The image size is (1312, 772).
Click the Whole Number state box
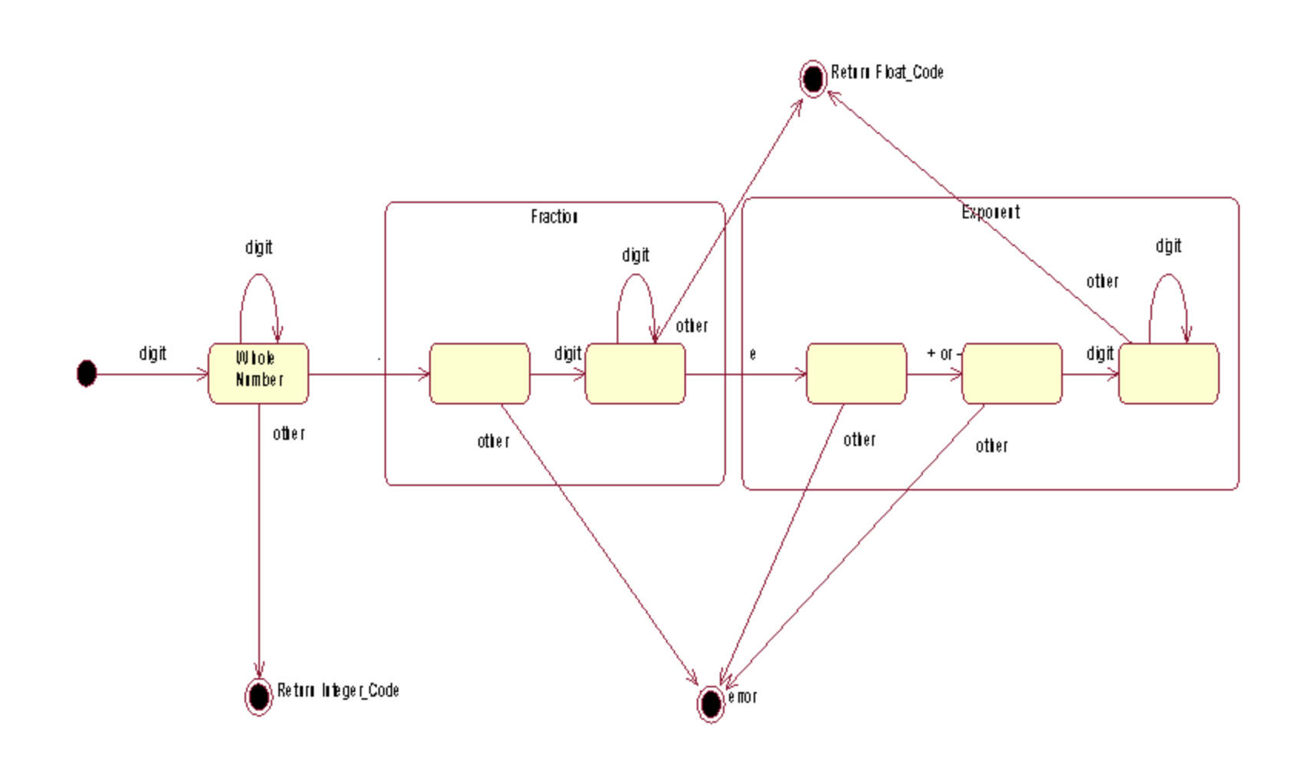258,373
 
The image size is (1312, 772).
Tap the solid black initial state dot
87,373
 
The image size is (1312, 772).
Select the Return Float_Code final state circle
813,78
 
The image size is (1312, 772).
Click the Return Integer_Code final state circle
259,696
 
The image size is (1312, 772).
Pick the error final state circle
711,704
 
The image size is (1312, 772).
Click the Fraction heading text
554,217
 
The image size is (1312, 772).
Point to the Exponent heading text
991,212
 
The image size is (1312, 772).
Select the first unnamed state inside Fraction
479,373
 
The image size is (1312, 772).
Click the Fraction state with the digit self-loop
634,373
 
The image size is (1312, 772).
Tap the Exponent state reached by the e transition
856,373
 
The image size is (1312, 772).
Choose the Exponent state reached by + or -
1011,373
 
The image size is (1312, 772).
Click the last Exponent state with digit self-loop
1168,373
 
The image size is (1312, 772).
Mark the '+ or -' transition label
944,354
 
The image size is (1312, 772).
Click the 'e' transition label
753,354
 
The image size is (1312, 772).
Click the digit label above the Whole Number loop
258,247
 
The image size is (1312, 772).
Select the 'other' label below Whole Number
289,434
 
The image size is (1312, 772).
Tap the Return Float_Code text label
887,72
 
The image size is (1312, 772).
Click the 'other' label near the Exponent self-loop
1102,281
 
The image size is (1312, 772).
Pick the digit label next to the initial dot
152,353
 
